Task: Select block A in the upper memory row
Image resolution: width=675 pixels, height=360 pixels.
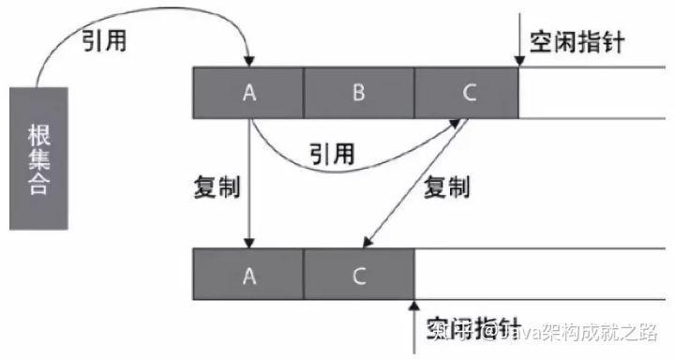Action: (x=248, y=93)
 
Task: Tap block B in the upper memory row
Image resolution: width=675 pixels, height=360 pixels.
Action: (x=359, y=93)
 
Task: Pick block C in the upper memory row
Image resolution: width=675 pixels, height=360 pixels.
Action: (x=469, y=93)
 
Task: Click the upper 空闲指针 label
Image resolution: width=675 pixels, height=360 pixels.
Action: (x=576, y=42)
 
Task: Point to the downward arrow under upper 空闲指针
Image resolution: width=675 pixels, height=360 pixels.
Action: (x=517, y=42)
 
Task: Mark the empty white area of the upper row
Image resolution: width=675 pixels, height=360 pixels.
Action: (x=595, y=93)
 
